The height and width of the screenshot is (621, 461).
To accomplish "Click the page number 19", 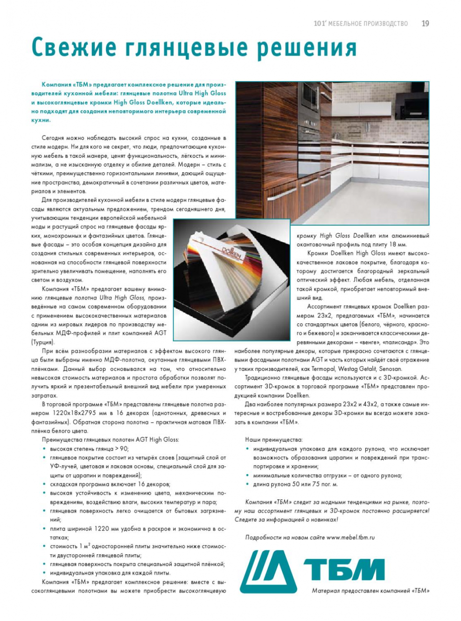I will [425, 23].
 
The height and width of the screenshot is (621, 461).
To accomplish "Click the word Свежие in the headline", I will [74, 48].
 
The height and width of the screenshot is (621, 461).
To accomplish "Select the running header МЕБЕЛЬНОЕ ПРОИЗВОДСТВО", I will [368, 24].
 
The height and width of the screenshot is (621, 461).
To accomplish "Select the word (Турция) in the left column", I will [43, 342].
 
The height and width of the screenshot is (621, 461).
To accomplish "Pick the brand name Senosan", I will [390, 369].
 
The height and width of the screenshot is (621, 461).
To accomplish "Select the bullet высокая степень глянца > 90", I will [89, 449].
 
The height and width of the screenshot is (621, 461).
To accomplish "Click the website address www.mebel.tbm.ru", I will [350, 537].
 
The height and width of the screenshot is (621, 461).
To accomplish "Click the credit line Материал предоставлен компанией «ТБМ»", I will [370, 591].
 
